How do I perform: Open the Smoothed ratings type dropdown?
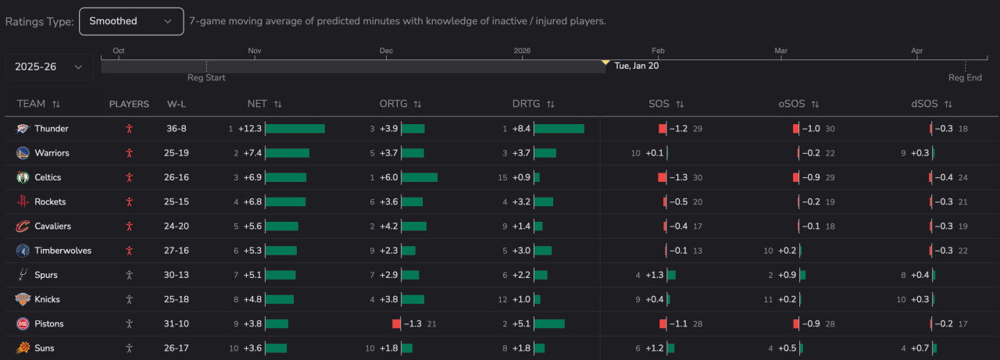[x=131, y=21]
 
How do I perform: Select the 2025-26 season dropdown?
[x=48, y=67]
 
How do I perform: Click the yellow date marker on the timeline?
[x=605, y=62]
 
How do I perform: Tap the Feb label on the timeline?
[x=658, y=52]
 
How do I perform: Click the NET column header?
[x=257, y=104]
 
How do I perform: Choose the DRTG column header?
[x=527, y=104]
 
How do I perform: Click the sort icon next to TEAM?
[x=56, y=104]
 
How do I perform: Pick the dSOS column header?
[x=925, y=104]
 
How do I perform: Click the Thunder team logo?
[x=23, y=129]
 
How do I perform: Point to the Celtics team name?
[x=48, y=177]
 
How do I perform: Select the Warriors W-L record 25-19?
[x=177, y=153]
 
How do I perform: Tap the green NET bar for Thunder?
[x=295, y=129]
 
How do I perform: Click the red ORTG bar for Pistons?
[x=396, y=324]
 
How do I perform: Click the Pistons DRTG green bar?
[x=549, y=324]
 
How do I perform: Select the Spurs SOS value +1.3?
[x=654, y=275]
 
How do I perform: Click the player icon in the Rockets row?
[x=129, y=201]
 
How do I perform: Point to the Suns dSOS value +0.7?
[x=920, y=348]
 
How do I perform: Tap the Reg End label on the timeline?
[x=965, y=78]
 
